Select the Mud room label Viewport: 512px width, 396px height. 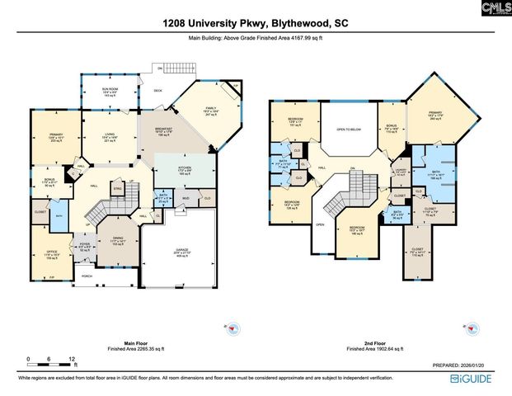[186, 198]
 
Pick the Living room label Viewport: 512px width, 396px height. [110, 137]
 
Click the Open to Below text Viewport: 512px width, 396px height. [348, 130]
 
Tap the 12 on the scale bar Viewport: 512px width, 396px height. [72, 360]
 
